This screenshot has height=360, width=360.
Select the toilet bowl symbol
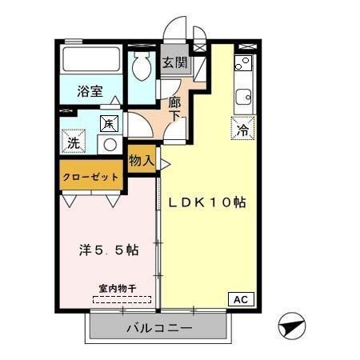pyautogui.click(x=142, y=68)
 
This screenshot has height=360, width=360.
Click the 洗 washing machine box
pyautogui.click(x=74, y=143)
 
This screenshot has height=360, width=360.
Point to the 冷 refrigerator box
pyautogui.click(x=242, y=127)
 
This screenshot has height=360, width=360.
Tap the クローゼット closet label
pyautogui.click(x=90, y=177)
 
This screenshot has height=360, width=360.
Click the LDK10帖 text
pyautogui.click(x=206, y=202)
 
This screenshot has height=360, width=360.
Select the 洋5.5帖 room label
pyautogui.click(x=108, y=250)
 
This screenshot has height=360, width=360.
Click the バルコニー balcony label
pyautogui.click(x=158, y=328)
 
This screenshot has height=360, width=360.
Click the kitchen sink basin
pyautogui.click(x=243, y=98)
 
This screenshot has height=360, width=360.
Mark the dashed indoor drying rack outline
pyautogui.click(x=122, y=300)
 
